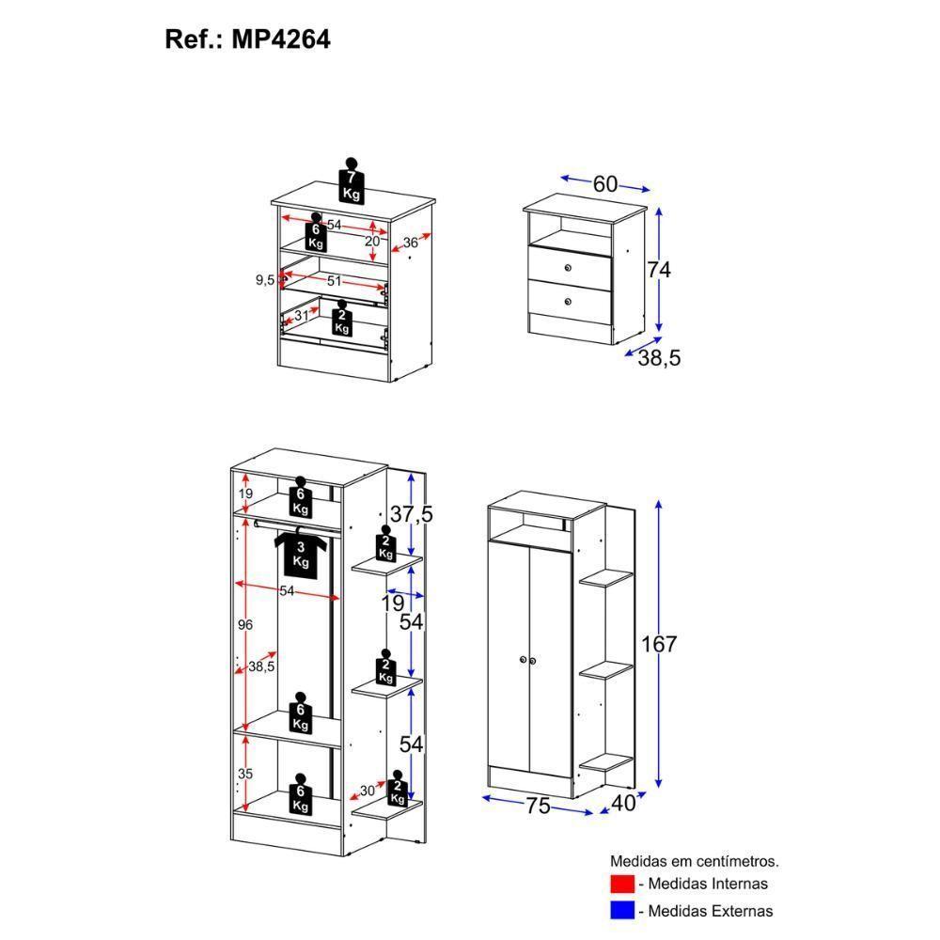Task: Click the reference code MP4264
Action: coord(280,39)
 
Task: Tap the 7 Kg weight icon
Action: coord(352,180)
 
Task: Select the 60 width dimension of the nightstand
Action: coord(604,183)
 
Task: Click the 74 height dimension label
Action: coord(659,270)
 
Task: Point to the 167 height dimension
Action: coord(659,645)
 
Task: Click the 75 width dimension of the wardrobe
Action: coord(538,806)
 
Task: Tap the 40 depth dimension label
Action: coord(623,804)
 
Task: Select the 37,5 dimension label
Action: coord(412,514)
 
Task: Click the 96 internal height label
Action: coord(245,625)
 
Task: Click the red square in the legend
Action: coord(621,884)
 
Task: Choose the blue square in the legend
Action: coord(621,910)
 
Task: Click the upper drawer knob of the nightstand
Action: coord(568,268)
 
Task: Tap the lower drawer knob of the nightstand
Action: coord(568,302)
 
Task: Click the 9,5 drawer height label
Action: coord(265,280)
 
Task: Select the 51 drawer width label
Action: coord(334,280)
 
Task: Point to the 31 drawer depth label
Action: coord(302,316)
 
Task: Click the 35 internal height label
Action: coord(245,774)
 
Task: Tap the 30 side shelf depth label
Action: coord(368,791)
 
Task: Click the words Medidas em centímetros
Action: coord(695,861)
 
